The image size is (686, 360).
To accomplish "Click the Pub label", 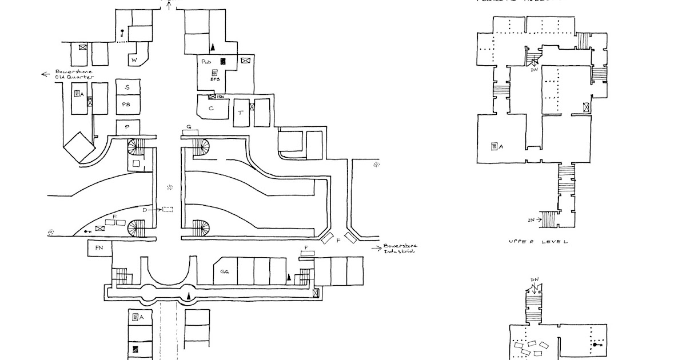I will [206, 60].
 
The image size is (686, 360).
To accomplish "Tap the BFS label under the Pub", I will [215, 80].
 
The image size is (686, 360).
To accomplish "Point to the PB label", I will [126, 105].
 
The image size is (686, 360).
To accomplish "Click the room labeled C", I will [211, 107].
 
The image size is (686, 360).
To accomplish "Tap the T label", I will [241, 114].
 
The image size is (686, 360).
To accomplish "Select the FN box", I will [99, 249].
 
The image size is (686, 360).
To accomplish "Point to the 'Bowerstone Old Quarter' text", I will [69, 75].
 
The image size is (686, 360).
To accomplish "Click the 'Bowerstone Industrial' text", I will [400, 248].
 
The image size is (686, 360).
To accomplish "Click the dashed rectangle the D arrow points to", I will [167, 210].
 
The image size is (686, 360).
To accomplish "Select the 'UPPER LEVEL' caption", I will [537, 242].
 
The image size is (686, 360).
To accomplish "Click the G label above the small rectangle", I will [189, 126].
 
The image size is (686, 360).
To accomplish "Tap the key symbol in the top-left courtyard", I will [122, 33].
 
